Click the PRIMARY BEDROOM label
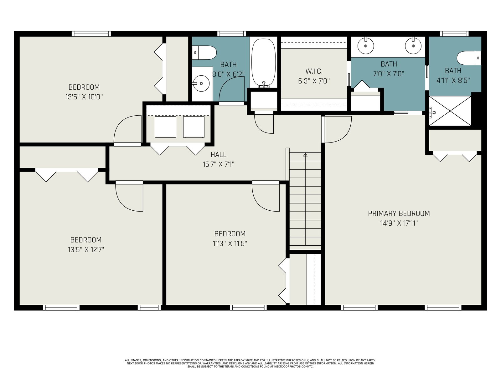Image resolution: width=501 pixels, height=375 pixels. [399, 213]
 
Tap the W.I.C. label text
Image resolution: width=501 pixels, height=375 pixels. [314, 71]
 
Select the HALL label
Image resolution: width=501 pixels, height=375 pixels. [219, 155]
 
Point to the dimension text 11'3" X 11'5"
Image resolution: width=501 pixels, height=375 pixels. [230, 244]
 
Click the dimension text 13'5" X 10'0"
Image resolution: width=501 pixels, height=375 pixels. [84, 97]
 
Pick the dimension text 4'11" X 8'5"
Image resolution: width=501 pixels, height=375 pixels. [453, 80]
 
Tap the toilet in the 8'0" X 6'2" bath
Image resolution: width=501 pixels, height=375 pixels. [204, 52]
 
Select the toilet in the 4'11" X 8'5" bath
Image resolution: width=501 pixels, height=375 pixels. [469, 58]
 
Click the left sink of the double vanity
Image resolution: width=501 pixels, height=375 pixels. [366, 46]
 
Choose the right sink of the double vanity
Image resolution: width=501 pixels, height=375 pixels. [413, 46]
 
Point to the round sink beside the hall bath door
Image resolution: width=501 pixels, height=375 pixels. [201, 83]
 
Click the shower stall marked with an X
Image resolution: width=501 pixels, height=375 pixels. [450, 111]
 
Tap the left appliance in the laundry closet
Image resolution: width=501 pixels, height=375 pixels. [165, 127]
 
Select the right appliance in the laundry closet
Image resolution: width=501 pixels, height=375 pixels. [194, 127]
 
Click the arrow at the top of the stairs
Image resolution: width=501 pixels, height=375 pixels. [305, 155]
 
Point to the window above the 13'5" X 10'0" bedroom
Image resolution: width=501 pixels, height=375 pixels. [91, 34]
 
